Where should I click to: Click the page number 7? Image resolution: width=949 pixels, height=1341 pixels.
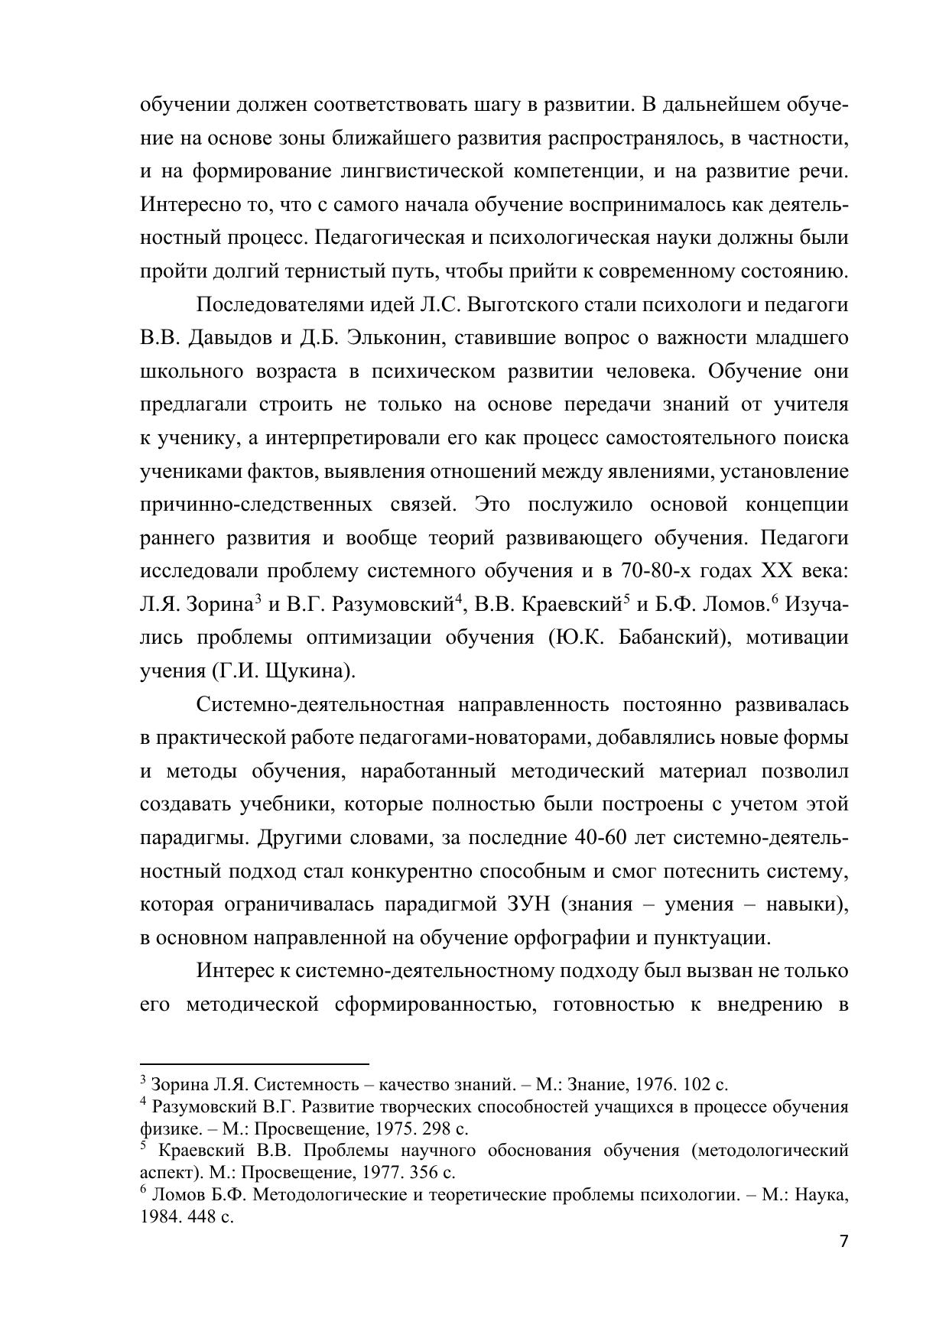click(843, 1242)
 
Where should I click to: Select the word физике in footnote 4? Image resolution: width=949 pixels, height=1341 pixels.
click(164, 1128)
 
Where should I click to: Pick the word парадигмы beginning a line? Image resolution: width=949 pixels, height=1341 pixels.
click(193, 838)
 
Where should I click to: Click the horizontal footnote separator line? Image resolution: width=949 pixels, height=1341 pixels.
click(255, 1063)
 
